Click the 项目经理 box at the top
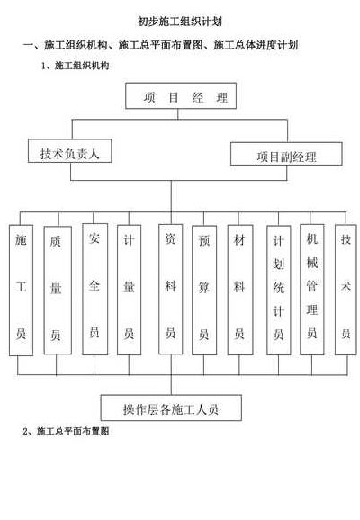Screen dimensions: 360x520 181,96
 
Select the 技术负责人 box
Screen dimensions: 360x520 69,151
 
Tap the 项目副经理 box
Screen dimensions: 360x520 286,154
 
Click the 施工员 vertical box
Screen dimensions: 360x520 21,291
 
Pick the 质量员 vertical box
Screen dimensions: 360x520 58,291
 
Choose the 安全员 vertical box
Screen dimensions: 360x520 94,289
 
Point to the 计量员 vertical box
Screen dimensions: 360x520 129,290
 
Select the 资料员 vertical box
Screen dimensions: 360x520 170,289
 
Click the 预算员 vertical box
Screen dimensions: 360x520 204,291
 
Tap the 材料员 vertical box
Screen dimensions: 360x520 240,290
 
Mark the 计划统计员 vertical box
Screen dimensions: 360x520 279,291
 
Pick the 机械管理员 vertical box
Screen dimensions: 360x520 312,290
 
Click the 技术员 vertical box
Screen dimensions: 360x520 346,290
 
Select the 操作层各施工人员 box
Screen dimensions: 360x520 171,408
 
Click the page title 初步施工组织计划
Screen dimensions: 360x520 180,22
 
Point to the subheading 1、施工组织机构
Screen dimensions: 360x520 75,66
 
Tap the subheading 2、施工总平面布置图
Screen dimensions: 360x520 66,431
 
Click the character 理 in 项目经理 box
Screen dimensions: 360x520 222,97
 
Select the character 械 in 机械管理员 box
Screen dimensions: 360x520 312,263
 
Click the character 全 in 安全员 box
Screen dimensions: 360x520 94,285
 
